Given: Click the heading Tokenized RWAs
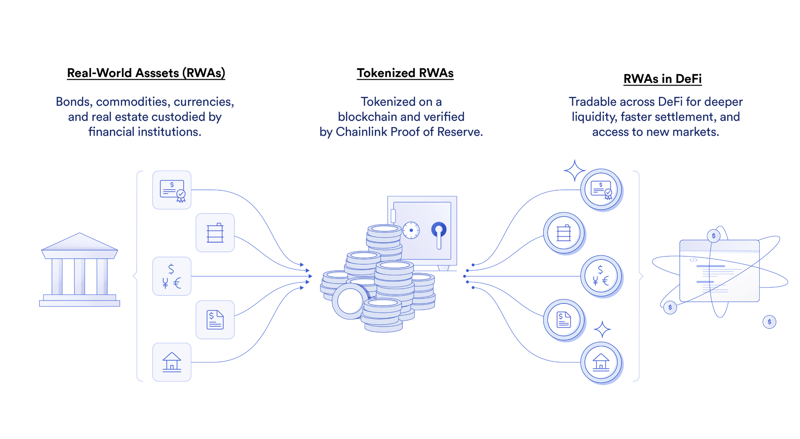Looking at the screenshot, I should click(405, 73).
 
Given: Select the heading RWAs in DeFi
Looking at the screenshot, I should click(662, 79).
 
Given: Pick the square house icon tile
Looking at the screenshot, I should click(172, 362).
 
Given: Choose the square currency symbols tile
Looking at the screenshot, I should click(172, 276).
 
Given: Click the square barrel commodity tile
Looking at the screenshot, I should click(215, 233).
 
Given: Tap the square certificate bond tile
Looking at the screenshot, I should click(172, 190).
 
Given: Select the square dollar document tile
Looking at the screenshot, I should click(215, 320).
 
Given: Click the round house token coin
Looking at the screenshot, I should click(601, 363).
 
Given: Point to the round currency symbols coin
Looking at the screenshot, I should click(601, 276).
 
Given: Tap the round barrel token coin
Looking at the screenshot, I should click(564, 233).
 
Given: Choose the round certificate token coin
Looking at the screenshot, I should click(601, 190).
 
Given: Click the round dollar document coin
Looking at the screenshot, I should click(564, 320).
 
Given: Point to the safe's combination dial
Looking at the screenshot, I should click(411, 230).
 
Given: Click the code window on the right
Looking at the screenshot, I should click(719, 271).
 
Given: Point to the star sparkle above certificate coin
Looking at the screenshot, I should click(574, 170).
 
